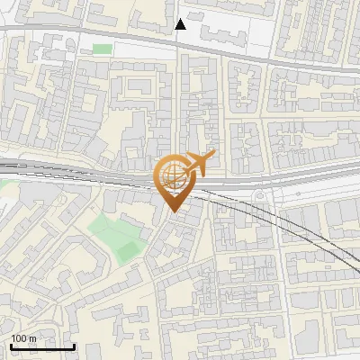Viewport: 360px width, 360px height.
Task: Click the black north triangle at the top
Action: [x=180, y=24]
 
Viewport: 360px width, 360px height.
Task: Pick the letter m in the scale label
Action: [x=33, y=338]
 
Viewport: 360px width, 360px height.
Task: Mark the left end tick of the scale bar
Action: [x=11, y=345]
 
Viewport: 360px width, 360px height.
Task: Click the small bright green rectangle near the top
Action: [x=103, y=49]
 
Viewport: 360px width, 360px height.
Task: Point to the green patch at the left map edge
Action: [x=3, y=184]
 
